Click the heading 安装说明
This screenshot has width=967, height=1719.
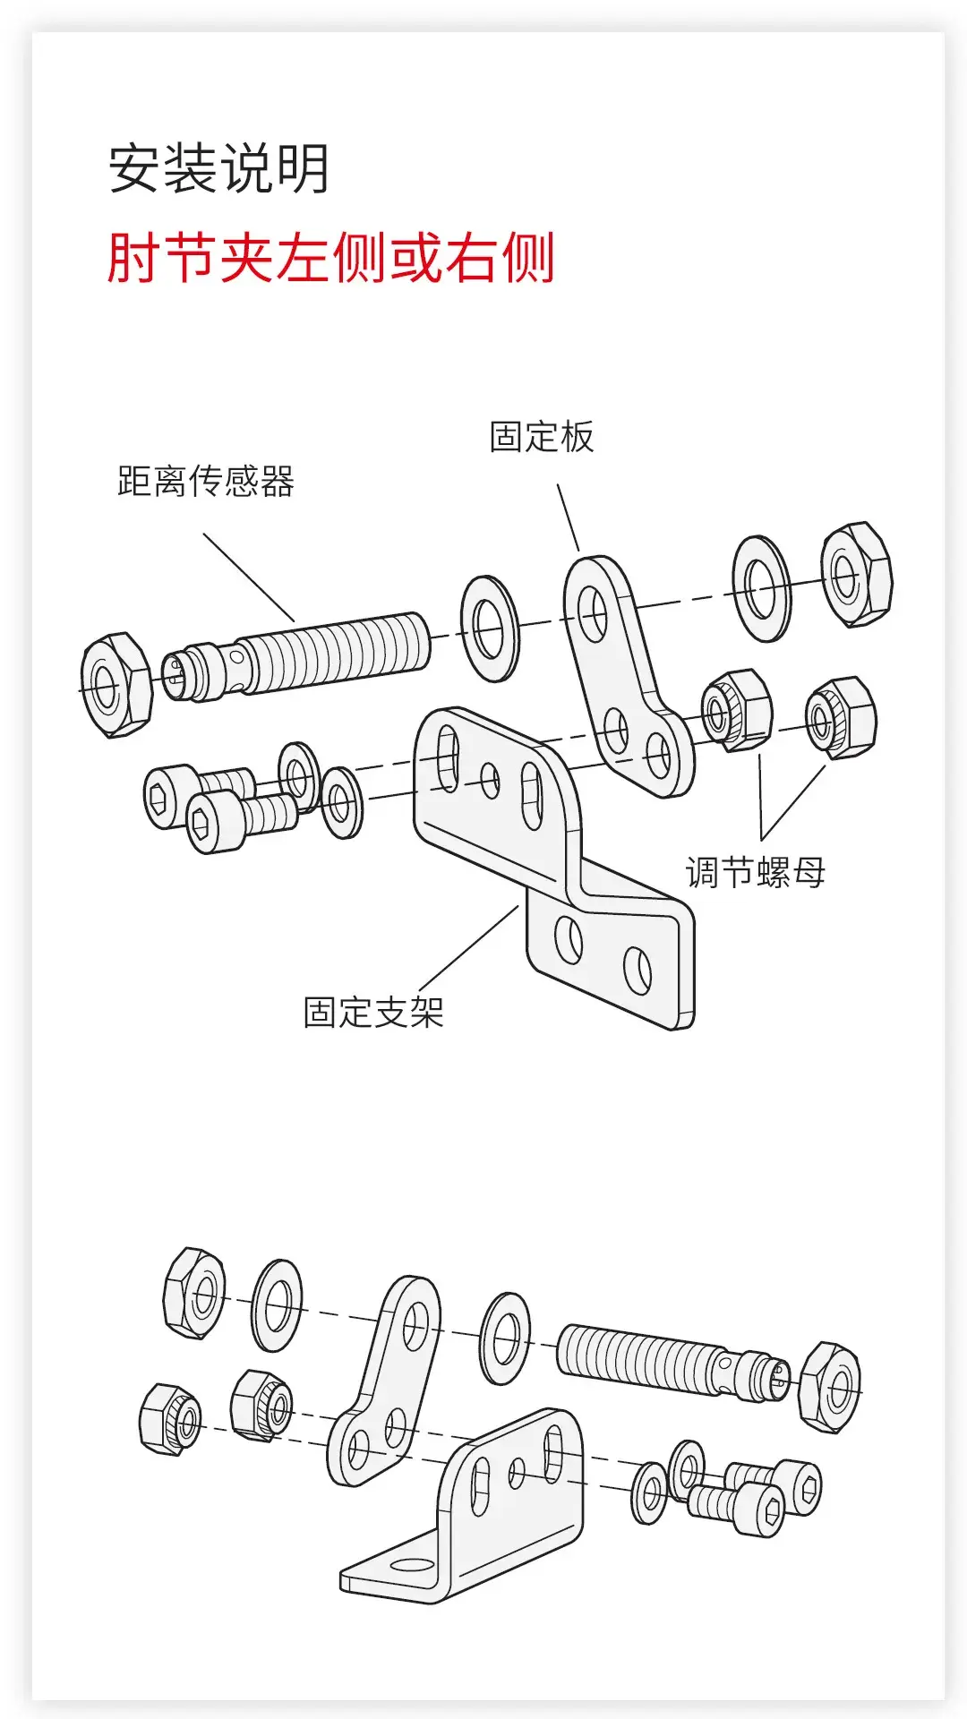219,168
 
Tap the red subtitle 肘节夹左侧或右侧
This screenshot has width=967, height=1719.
331,258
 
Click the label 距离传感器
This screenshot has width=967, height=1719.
206,482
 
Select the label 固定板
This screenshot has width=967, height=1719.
541,437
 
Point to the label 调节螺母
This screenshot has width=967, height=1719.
756,872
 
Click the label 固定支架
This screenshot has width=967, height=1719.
373,1013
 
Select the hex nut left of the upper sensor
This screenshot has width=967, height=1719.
116,685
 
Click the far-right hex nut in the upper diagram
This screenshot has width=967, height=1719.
856,575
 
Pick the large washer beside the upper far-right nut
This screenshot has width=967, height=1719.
761,588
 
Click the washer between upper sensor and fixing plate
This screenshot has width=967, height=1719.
490,628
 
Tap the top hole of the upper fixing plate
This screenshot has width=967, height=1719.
592,614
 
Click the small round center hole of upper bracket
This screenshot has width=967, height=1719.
490,779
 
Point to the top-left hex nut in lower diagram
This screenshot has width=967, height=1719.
194,1293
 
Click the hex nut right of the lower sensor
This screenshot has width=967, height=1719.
829,1387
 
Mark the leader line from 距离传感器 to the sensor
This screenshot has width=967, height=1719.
249,577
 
